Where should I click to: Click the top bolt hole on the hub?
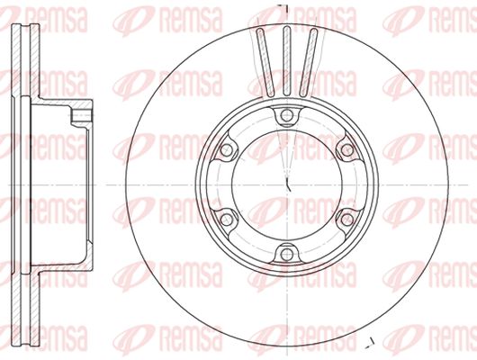tap(286, 115)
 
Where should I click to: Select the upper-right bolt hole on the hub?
tap(346, 150)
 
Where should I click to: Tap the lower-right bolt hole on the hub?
tap(346, 220)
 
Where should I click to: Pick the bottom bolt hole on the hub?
tap(286, 254)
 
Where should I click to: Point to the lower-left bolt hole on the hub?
tap(226, 220)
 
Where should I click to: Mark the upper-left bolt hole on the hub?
tap(226, 150)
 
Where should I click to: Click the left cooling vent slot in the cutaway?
tap(265, 62)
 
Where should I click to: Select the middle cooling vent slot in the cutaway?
tap(287, 61)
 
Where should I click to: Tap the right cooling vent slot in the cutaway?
tap(309, 62)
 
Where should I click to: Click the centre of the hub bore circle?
tap(287, 185)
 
